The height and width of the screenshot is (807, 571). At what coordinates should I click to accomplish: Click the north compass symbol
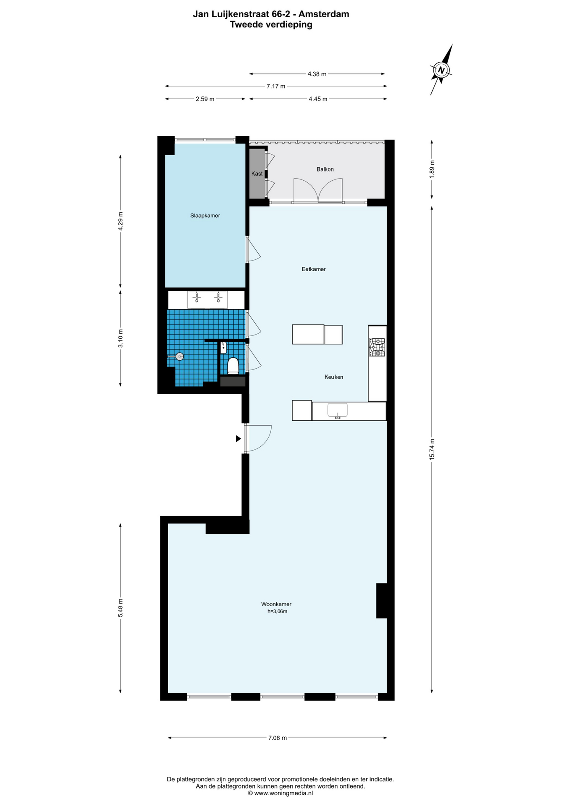click(441, 70)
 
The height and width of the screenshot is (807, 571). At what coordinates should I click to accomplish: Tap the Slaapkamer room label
click(205, 216)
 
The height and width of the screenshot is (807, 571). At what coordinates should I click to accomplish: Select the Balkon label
click(325, 169)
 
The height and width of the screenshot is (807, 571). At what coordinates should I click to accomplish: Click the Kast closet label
click(257, 174)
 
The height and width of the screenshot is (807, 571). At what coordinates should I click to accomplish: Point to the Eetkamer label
click(314, 269)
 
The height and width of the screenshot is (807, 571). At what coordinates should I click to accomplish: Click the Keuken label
click(334, 377)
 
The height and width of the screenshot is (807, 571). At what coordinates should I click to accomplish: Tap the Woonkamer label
click(276, 604)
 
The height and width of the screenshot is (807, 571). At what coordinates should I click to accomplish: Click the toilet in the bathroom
click(233, 366)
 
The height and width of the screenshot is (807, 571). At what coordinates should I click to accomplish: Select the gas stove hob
click(377, 347)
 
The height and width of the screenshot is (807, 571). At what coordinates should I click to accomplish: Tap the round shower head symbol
click(180, 356)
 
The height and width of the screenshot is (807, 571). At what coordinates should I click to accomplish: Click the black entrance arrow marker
click(238, 438)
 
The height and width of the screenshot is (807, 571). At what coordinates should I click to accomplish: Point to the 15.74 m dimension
click(432, 449)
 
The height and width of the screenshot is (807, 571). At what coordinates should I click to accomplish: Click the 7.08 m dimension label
click(278, 738)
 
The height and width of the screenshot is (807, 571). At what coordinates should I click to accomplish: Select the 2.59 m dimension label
click(205, 99)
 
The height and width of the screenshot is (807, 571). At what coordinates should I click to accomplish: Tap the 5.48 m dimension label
click(121, 608)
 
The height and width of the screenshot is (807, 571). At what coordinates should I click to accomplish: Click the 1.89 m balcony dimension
click(432, 169)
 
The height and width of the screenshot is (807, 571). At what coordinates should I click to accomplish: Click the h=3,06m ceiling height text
click(277, 611)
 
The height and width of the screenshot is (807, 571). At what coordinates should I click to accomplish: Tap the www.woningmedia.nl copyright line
click(280, 793)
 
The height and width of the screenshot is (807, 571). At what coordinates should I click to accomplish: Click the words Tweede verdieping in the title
click(271, 24)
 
